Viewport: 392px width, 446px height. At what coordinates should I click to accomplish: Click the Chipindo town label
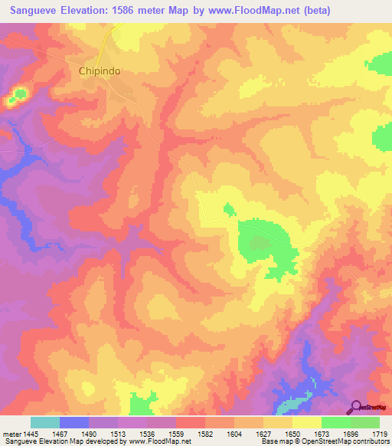coord(100,71)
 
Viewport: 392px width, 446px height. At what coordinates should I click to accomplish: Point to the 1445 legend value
coord(31,434)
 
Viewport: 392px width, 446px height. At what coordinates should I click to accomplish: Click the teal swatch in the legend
coord(45,422)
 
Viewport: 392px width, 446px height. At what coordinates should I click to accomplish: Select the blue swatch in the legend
coord(74,422)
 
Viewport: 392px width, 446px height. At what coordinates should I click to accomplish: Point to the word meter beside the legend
coord(11,434)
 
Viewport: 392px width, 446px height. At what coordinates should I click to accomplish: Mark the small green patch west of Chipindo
coord(18,96)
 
